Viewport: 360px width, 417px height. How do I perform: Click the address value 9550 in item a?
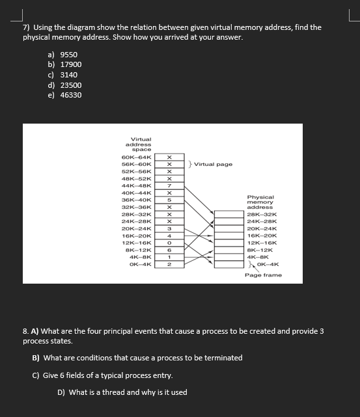68,55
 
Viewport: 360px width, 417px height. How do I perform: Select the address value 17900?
70,64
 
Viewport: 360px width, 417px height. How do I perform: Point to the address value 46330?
70,95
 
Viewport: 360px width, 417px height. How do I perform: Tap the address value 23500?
70,85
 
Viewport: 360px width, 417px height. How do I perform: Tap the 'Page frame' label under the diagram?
263,275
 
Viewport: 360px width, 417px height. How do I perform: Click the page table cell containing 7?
169,185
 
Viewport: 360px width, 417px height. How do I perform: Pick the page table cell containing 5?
169,200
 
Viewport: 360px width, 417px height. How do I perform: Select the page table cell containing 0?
169,242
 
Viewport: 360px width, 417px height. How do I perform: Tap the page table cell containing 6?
169,249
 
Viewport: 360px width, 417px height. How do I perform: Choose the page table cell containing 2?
169,263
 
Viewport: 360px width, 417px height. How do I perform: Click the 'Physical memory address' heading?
260,202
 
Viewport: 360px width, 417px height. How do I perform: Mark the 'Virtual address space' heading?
141,144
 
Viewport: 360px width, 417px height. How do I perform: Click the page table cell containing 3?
169,228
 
